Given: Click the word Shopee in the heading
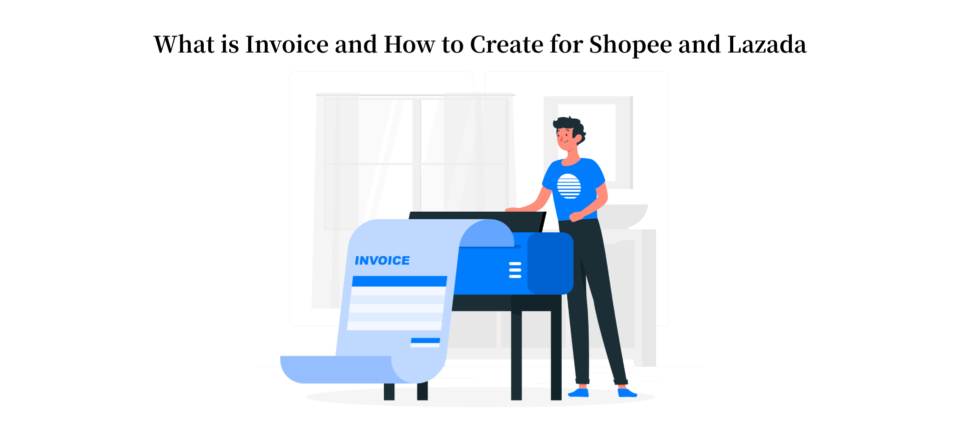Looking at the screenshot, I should (x=630, y=45).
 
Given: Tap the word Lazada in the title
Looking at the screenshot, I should (x=766, y=45).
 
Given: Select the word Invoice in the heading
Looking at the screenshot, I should (x=286, y=45).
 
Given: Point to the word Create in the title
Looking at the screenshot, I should (x=506, y=45).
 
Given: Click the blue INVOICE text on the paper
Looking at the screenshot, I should (x=382, y=261).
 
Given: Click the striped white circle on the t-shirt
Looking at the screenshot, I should (x=569, y=186).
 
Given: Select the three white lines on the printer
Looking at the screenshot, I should (x=515, y=270).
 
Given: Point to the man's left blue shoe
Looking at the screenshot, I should (x=579, y=393).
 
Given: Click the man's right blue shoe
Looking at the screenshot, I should (x=626, y=393).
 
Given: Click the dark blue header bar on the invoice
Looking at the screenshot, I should (x=399, y=281).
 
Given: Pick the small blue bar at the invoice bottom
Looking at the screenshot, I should (x=425, y=340).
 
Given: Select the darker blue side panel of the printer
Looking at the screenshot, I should (x=550, y=263).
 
